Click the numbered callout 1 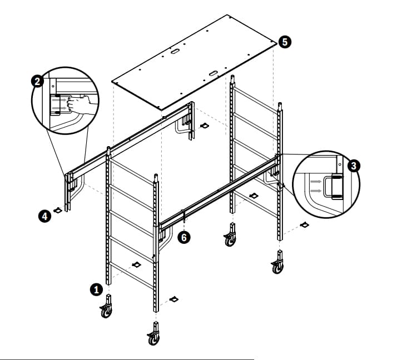point(96,289)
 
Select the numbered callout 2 point(37,82)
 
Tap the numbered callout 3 point(354,166)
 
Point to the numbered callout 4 point(44,217)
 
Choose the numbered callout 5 point(285,42)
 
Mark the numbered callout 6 point(184,238)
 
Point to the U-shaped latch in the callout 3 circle point(333,187)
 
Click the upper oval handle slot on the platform point(175,51)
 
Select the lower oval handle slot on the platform point(213,73)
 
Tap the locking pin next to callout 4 point(58,210)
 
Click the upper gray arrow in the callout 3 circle point(316,182)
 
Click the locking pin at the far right point(304,224)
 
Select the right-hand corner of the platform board point(277,43)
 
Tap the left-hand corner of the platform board point(112,81)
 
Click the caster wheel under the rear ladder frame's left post point(230,235)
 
